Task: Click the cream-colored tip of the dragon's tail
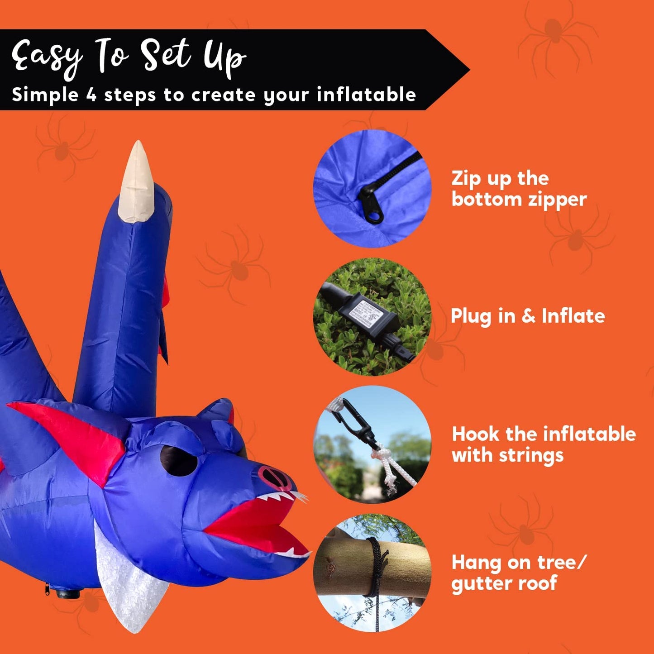pos(136,181)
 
